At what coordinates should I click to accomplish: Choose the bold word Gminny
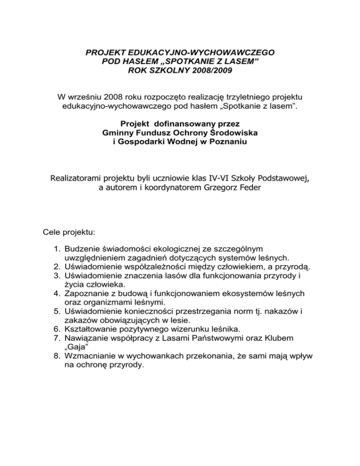pos(117,133)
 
